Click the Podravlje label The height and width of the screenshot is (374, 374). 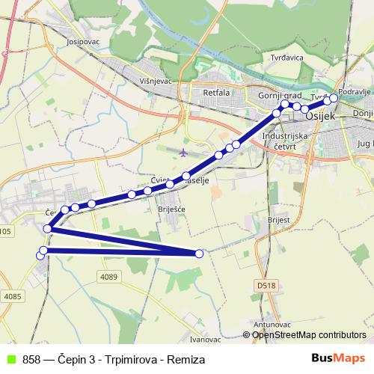tap(355, 91)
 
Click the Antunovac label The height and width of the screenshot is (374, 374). tap(272, 325)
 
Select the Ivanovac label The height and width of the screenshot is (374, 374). tap(206, 339)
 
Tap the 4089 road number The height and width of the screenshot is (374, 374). tap(109, 277)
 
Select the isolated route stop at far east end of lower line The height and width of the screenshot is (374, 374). tap(199, 254)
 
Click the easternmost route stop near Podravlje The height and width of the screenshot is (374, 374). tap(334, 98)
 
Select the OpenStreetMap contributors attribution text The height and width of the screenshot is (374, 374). tap(309, 335)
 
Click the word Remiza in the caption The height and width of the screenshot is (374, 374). tap(187, 359)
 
